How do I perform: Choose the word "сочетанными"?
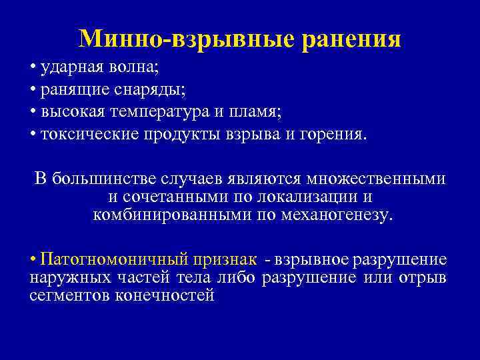[x=175, y=198]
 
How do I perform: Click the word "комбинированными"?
[x=170, y=215]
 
